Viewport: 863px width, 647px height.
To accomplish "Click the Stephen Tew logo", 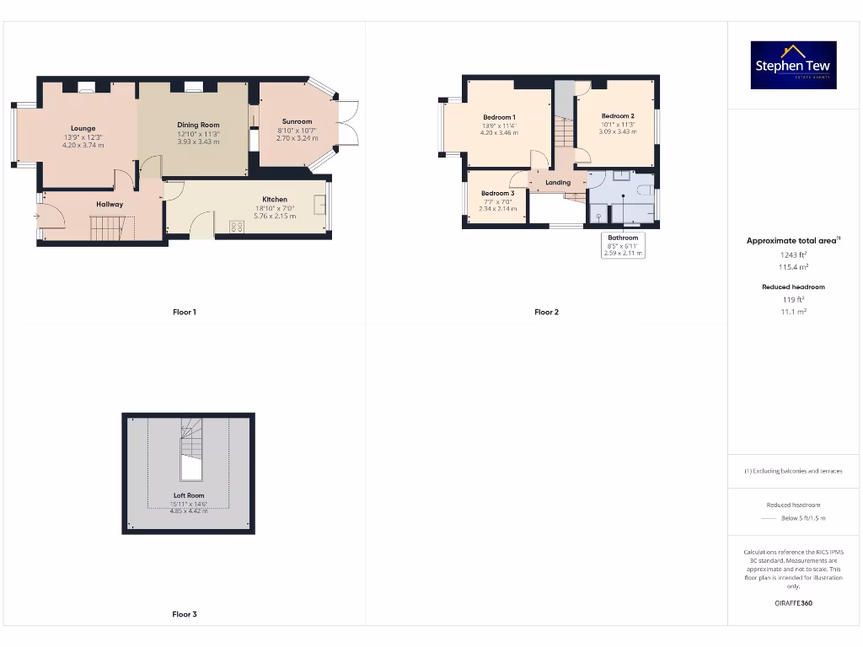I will click(794, 65).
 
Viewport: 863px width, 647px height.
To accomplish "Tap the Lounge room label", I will click(83, 129).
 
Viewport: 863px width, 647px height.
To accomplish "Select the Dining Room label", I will click(198, 126).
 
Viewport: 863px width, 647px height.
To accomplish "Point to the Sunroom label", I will click(297, 121).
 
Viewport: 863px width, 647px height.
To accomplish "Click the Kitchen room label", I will click(275, 200).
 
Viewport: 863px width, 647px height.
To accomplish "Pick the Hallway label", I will click(110, 204).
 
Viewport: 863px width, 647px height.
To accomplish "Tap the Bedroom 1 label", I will click(499, 117).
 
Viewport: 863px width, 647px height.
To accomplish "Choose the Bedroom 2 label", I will click(618, 116).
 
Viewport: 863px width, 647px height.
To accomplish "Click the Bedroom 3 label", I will click(497, 194).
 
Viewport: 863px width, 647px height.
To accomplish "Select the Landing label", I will click(558, 182).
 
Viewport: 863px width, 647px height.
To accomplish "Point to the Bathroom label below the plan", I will click(624, 238).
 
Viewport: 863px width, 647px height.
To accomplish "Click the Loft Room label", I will click(189, 495).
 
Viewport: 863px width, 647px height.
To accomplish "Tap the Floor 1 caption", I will click(185, 313).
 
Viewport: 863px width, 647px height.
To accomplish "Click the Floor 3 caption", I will click(185, 614).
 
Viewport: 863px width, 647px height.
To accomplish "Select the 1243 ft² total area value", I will click(793, 254).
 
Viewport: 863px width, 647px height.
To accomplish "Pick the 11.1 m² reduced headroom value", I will click(793, 311).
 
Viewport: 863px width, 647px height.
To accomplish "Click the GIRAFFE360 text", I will click(793, 603).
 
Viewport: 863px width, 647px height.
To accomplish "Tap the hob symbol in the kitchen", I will click(237, 226).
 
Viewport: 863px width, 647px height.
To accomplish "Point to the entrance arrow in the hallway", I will click(36, 217).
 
